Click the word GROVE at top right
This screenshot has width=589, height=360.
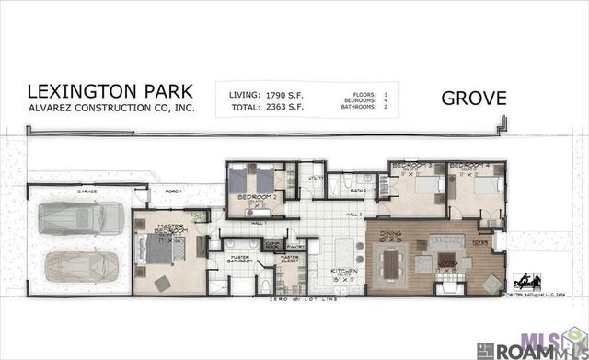474,98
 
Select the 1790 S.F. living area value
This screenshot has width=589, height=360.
276,93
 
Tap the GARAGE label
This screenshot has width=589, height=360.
87,192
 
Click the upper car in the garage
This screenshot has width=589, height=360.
81,221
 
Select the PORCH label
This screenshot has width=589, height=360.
173,193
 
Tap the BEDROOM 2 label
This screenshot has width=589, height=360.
253,197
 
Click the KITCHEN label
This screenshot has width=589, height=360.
344,272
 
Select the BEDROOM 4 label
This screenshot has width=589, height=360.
469,166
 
